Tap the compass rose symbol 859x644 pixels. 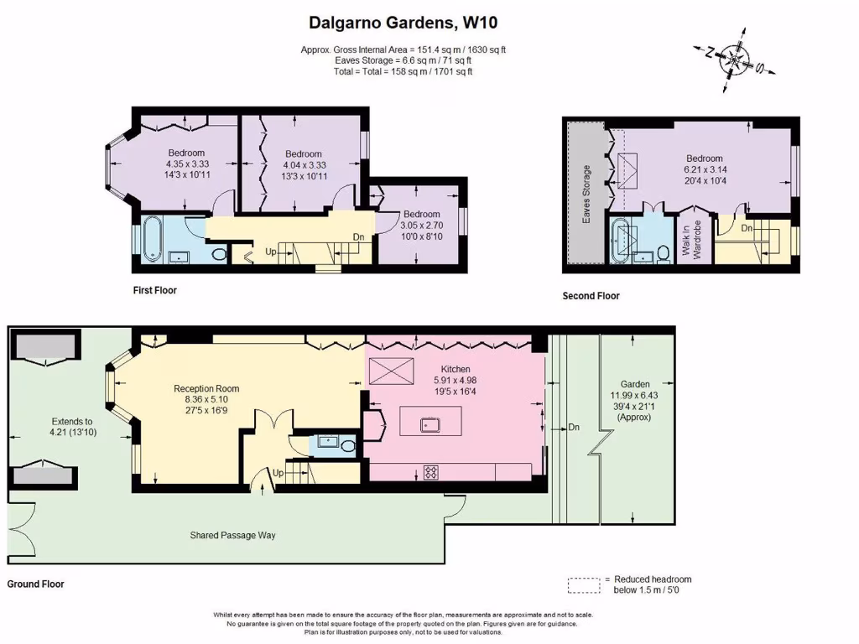[x=736, y=60]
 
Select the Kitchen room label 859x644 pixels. [x=456, y=369]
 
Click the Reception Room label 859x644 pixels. [x=206, y=388]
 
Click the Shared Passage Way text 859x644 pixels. [x=232, y=535]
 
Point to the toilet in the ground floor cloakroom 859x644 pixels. [x=348, y=444]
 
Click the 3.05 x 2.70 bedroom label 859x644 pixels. [x=420, y=226]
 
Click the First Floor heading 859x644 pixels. [x=154, y=291]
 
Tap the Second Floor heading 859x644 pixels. [x=591, y=296]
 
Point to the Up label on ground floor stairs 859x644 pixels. [x=278, y=473]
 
